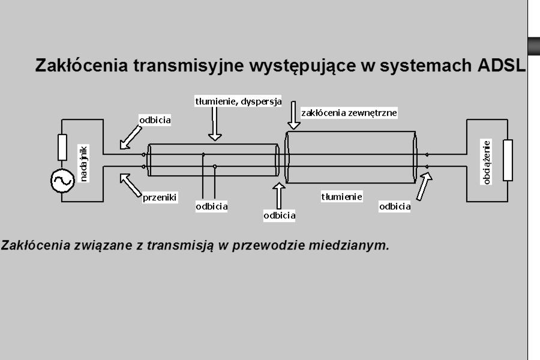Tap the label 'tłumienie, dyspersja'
pyautogui.click(x=238, y=101)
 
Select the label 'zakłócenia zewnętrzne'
pyautogui.click(x=349, y=113)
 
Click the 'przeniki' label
pyautogui.click(x=160, y=197)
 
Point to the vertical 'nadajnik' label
pyautogui.click(x=84, y=164)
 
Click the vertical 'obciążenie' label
pyautogui.click(x=486, y=162)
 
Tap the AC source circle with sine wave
pyautogui.click(x=62, y=181)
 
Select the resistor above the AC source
pyautogui.click(x=62, y=148)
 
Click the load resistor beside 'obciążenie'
pyautogui.click(x=508, y=160)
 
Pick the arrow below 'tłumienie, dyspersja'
pyautogui.click(x=215, y=124)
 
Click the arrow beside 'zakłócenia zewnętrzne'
pyautogui.click(x=293, y=115)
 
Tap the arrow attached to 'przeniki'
pyautogui.click(x=131, y=185)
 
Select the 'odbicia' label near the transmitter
pyautogui.click(x=155, y=120)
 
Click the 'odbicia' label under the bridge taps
pyautogui.click(x=211, y=206)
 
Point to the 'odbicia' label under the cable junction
pyautogui.click(x=279, y=215)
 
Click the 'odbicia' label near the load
pyautogui.click(x=395, y=206)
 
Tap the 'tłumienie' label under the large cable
pyautogui.click(x=341, y=197)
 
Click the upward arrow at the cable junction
pyautogui.click(x=278, y=196)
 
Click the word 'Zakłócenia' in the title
pyautogui.click(x=82, y=65)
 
